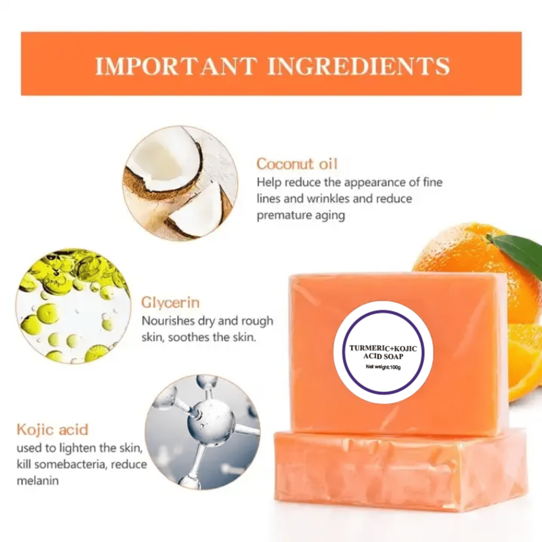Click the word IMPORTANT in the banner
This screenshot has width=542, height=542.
click(176, 66)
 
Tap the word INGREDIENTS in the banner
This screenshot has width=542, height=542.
click(359, 66)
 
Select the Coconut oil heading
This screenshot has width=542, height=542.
click(297, 164)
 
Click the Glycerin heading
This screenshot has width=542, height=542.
click(170, 303)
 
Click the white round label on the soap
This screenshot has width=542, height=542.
click(383, 352)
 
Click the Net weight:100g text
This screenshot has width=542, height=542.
click(383, 367)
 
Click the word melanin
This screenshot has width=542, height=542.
click(38, 481)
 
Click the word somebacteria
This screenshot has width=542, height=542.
click(71, 464)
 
